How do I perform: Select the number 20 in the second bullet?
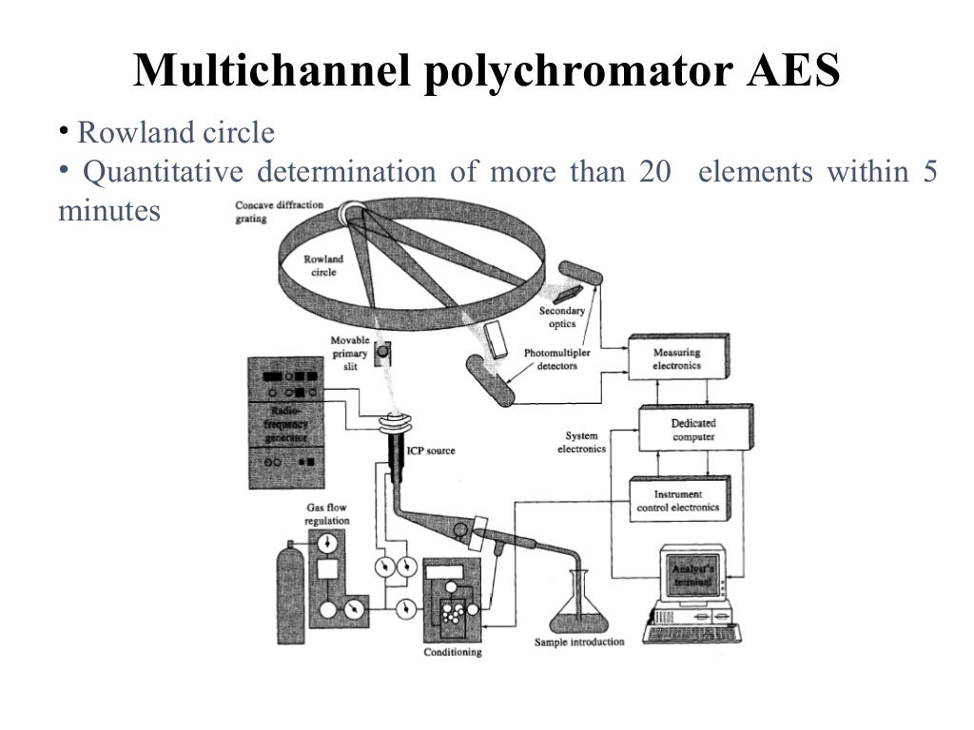655,172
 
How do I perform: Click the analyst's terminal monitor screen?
692,576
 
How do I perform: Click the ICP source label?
432,451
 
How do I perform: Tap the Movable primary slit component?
382,353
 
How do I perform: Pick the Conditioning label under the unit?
452,653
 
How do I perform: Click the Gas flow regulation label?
326,514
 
